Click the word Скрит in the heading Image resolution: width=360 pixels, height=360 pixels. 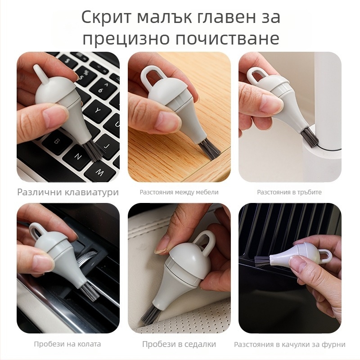coord(107,18)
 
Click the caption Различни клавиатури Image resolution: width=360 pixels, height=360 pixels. coord(68,192)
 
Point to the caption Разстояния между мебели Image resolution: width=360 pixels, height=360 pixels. coord(179,192)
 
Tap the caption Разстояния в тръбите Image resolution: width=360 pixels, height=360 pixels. coord(289,192)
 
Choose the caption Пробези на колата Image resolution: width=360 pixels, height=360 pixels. coord(67,344)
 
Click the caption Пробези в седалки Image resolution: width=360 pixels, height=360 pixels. coord(179,344)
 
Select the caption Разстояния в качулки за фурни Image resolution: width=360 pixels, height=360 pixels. coord(290,344)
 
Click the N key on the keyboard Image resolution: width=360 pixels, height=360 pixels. coord(77,157)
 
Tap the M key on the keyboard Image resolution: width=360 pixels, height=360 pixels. coord(99,172)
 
